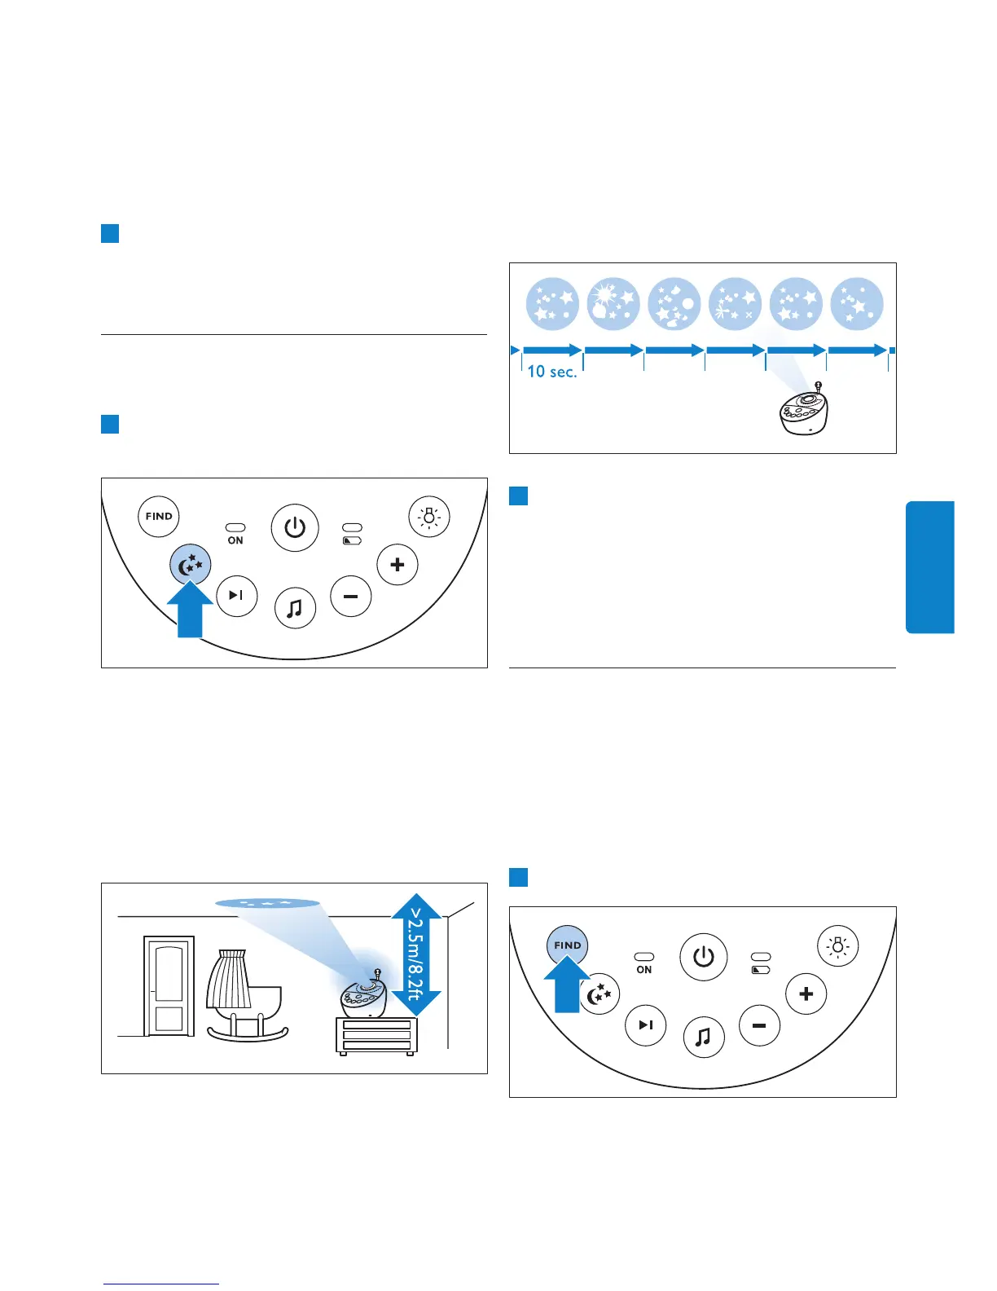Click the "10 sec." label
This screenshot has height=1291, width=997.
(551, 372)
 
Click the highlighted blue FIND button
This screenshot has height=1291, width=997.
(567, 945)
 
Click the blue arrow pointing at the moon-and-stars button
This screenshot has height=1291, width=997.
(190, 610)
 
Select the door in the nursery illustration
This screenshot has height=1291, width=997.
(169, 986)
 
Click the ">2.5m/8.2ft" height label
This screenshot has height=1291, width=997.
(416, 954)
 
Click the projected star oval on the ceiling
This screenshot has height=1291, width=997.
(267, 903)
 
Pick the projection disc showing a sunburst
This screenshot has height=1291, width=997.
(613, 303)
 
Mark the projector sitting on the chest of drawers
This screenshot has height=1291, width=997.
(363, 995)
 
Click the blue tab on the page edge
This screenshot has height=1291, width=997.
(929, 566)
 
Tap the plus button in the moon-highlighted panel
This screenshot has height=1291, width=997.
(397, 564)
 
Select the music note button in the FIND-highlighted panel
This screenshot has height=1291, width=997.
(703, 1037)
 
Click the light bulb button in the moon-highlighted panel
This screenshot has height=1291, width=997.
(428, 517)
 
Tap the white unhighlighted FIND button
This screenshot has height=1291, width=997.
(159, 516)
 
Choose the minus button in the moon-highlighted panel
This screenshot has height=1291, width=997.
(351, 596)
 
